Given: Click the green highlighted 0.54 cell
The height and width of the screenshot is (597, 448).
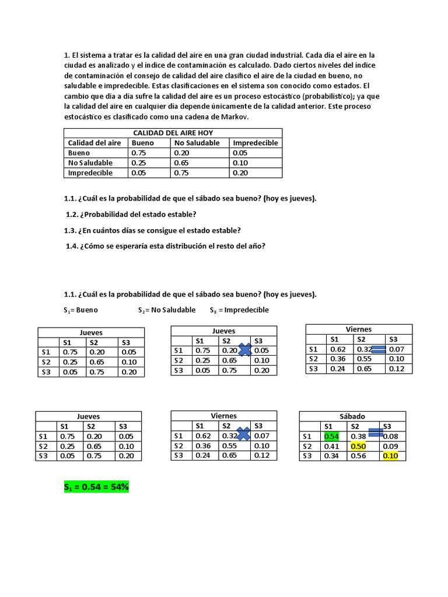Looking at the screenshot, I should point(331,437).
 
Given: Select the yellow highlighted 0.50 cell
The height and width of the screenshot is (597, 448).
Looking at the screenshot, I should point(358,447).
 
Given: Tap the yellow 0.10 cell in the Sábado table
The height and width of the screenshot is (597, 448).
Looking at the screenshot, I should point(389,456).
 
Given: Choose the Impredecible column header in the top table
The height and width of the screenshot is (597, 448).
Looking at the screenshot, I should point(255,143).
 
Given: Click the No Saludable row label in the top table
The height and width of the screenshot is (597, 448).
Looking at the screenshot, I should point(90,163).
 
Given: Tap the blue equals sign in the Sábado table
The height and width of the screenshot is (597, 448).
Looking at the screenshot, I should point(375,433).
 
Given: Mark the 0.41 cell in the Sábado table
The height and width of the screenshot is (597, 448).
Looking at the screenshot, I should point(331,447).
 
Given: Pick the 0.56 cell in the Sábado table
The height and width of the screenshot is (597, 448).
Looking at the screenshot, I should point(358,456).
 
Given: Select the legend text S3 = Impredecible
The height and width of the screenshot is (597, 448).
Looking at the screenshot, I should point(239,310).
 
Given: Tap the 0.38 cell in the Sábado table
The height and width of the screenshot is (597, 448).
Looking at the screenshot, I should point(358,437).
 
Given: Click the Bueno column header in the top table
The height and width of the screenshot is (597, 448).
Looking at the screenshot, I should point(143,143).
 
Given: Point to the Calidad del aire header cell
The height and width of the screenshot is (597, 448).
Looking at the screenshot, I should point(94,143).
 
